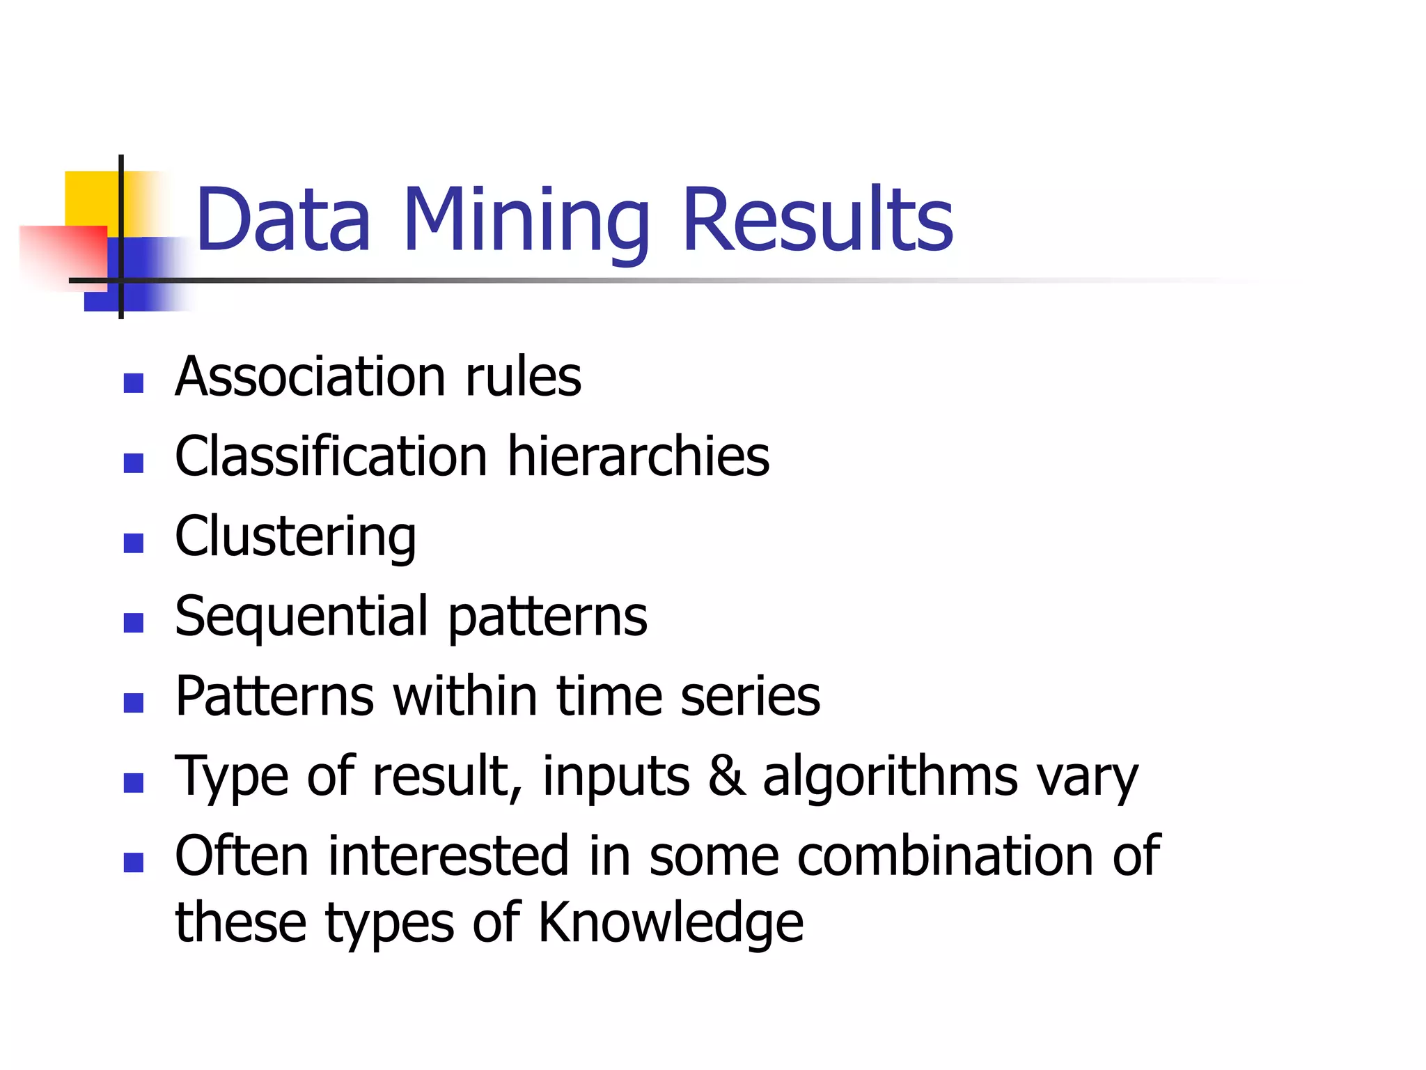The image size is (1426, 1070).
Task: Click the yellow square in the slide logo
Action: point(91,199)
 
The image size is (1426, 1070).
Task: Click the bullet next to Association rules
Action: point(133,383)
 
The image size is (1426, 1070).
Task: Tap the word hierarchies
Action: point(638,456)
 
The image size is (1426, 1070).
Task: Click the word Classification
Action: point(331,456)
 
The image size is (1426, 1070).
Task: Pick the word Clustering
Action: point(295,538)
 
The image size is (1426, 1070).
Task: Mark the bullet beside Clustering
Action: point(133,543)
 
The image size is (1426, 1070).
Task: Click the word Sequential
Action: point(301,617)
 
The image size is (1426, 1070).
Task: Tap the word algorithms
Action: point(891,776)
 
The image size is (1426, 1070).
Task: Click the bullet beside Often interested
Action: point(133,862)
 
